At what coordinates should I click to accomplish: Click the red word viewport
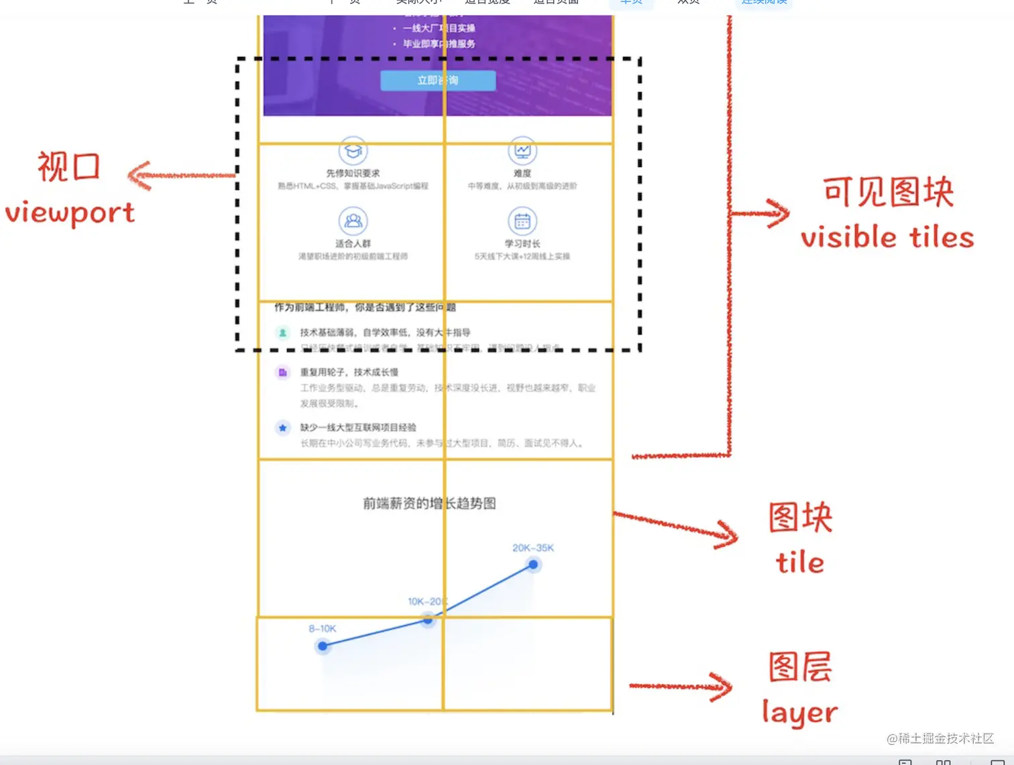tap(70, 213)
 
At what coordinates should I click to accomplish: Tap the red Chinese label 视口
tap(69, 166)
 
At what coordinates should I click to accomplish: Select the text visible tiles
tap(887, 237)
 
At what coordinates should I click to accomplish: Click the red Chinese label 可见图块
tap(888, 192)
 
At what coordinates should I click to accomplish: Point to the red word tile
tap(799, 562)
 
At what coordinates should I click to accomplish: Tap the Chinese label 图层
tap(800, 666)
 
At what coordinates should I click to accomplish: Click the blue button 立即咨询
tap(438, 80)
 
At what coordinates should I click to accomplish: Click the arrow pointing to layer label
tap(681, 686)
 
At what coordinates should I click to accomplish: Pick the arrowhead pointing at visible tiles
tap(777, 214)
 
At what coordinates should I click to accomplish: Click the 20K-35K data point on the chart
tap(533, 565)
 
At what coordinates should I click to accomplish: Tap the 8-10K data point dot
tap(323, 646)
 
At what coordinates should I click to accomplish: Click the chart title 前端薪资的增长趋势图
tap(429, 503)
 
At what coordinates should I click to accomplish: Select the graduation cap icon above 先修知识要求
tap(353, 151)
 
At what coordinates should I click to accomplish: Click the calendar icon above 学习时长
tap(522, 221)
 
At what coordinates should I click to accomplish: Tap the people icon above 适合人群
tap(353, 221)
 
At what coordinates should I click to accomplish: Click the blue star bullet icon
tap(282, 428)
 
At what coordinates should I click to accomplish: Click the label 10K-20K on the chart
tap(427, 601)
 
